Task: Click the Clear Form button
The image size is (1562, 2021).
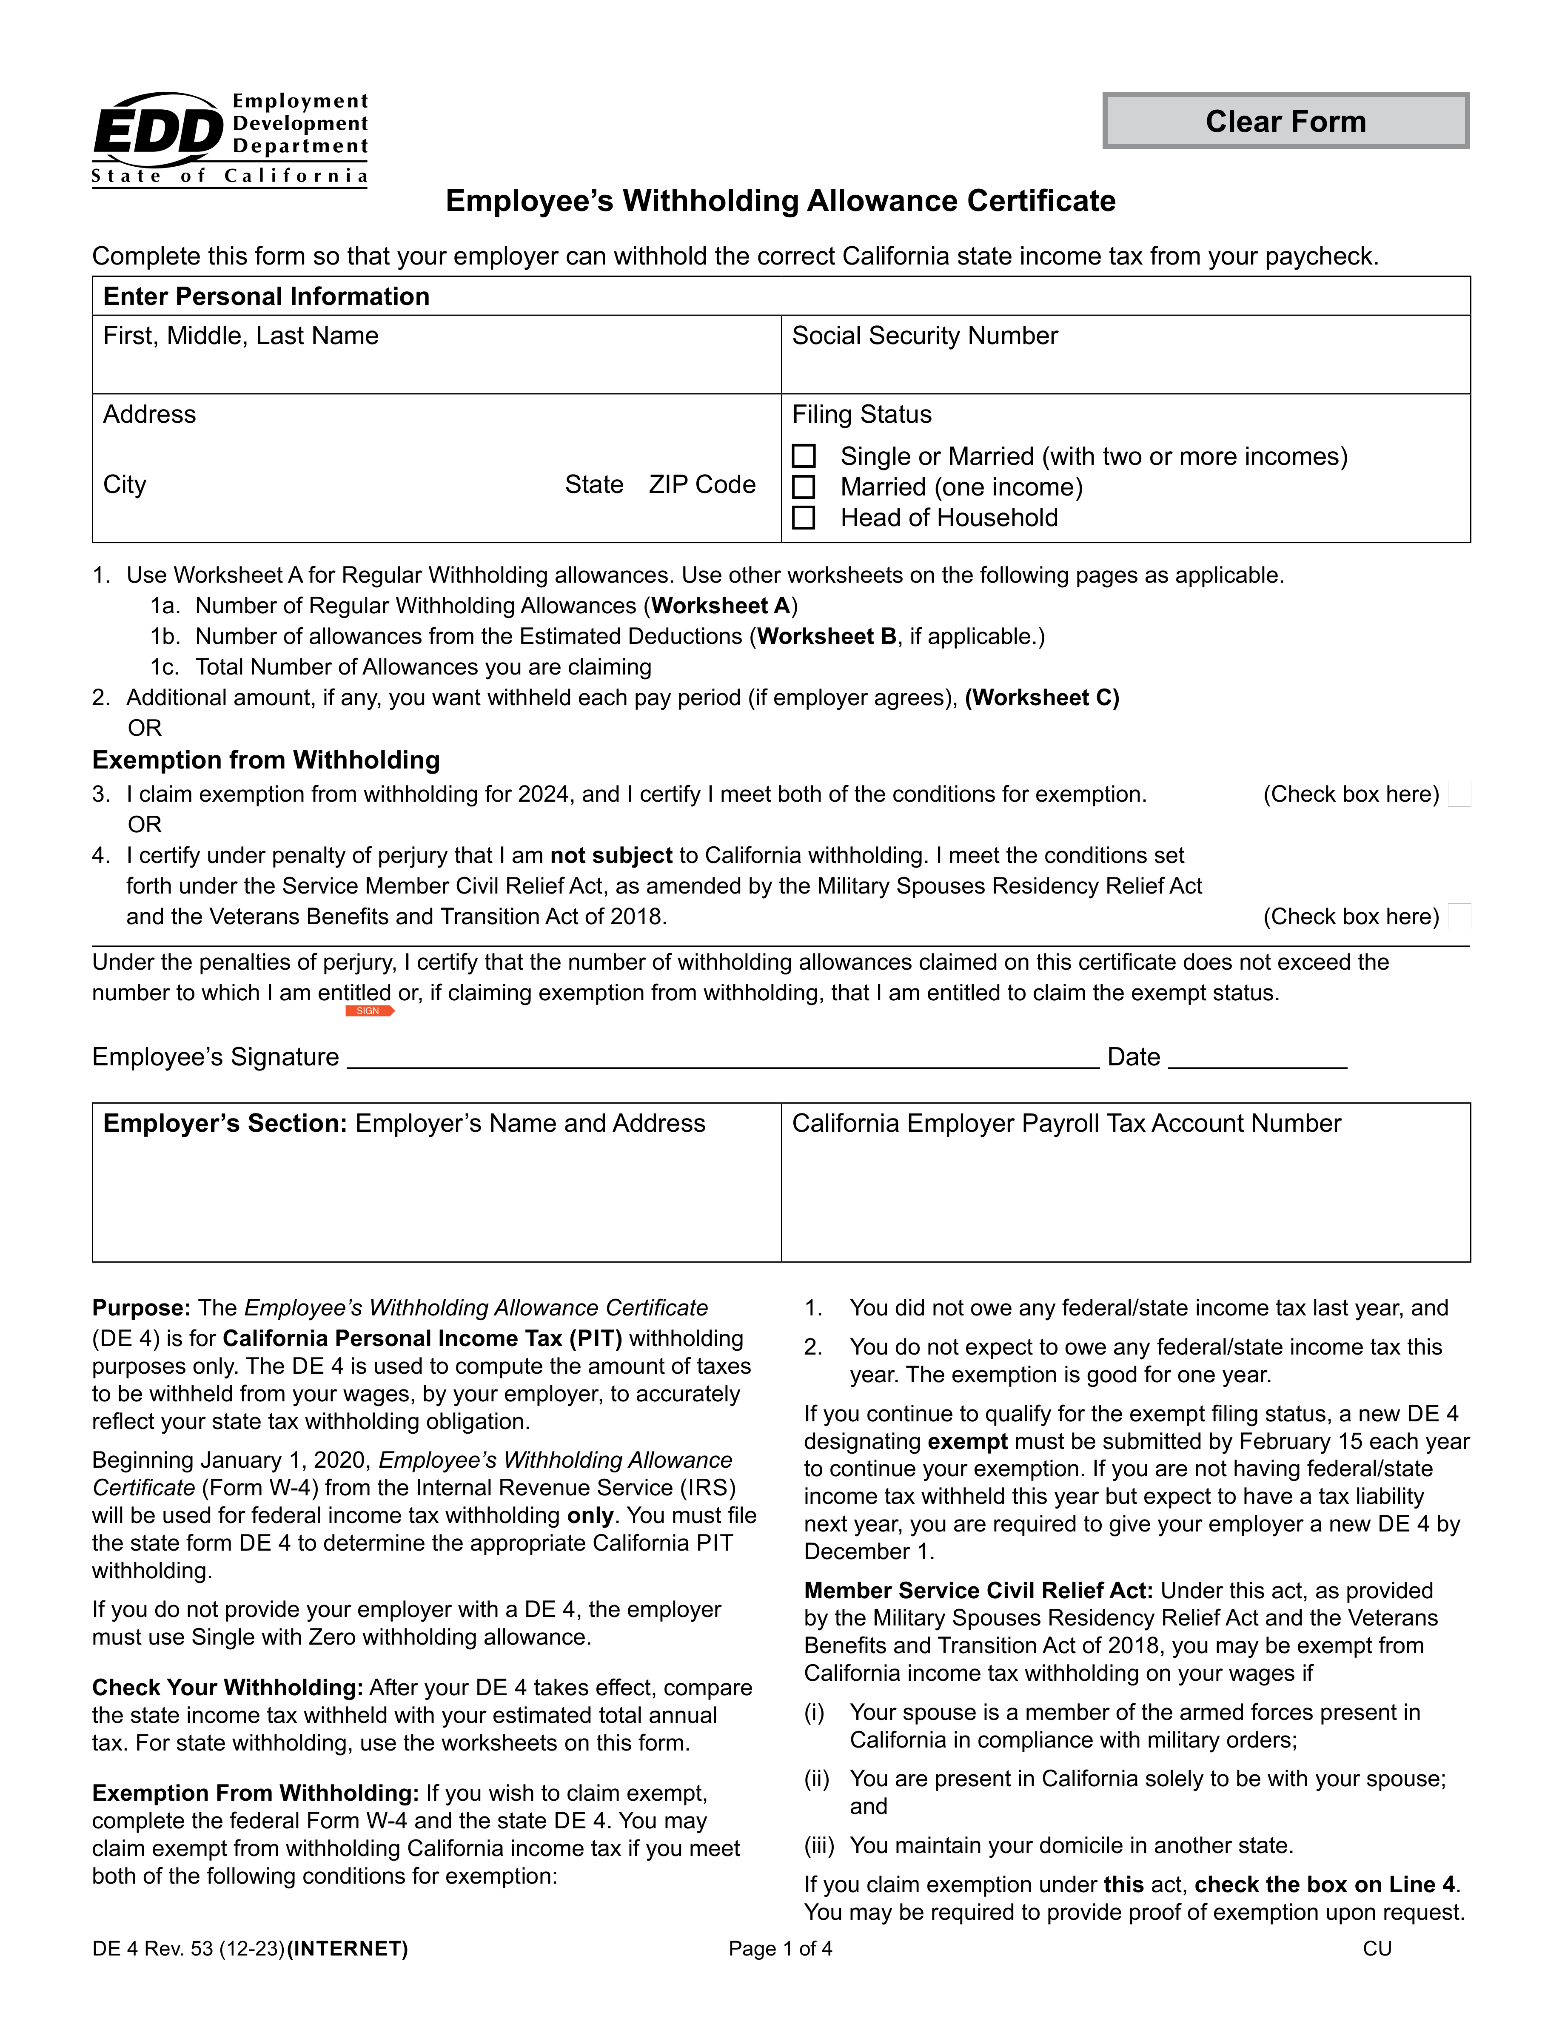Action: (x=1286, y=121)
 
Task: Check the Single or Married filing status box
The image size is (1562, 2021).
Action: (x=804, y=456)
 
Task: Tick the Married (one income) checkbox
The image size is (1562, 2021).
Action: (x=804, y=487)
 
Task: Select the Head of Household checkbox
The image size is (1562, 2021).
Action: (x=804, y=517)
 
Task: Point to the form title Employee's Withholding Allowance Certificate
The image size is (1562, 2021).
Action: (x=780, y=201)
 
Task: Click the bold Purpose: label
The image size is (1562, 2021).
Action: (x=141, y=1307)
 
